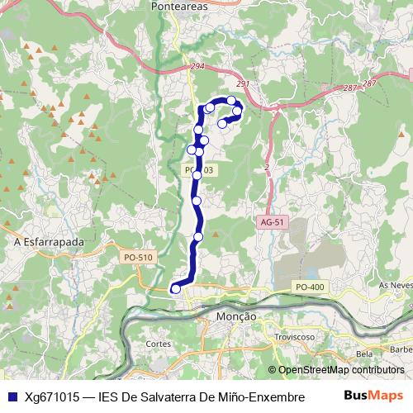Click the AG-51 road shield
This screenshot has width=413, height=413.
tap(271, 222)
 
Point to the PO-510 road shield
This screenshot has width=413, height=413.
tap(138, 258)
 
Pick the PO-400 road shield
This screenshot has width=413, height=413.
tap(309, 287)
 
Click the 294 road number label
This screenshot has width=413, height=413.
tap(196, 65)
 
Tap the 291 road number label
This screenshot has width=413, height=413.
tap(242, 84)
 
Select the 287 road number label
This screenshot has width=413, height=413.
tap(350, 88)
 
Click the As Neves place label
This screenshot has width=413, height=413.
tap(394, 284)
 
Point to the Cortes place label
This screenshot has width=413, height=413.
tap(158, 344)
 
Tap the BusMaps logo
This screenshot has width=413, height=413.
tap(373, 396)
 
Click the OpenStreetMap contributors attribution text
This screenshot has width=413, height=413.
tap(340, 370)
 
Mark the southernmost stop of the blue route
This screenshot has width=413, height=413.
tap(175, 288)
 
